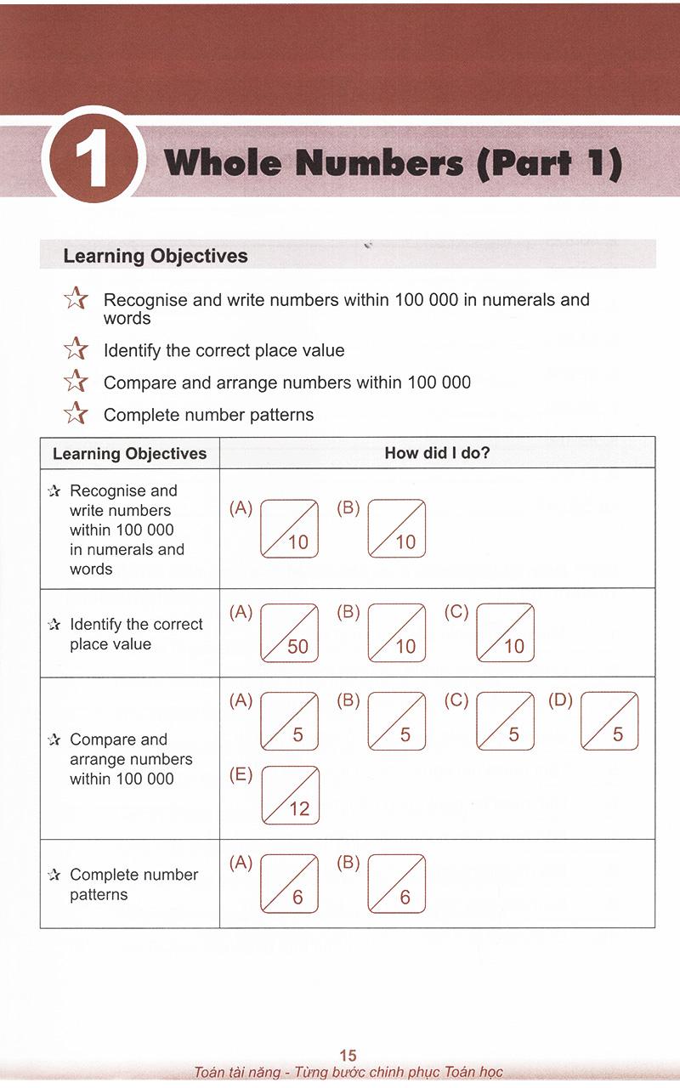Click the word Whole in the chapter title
[224, 161]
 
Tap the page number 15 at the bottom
[348, 1057]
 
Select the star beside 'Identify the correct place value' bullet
[76, 350]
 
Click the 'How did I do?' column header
[437, 453]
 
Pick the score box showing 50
[289, 632]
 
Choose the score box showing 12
[290, 796]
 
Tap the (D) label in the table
[561, 701]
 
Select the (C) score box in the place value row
[506, 632]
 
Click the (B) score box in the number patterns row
[397, 884]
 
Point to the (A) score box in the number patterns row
[289, 884]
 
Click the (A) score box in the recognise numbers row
[289, 528]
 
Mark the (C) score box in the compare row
[506, 721]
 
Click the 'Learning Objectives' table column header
[129, 453]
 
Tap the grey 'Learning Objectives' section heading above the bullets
[156, 256]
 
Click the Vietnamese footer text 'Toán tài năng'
[240, 1073]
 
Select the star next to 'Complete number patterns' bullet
[76, 414]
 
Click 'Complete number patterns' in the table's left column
[133, 884]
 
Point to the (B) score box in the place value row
[397, 632]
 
